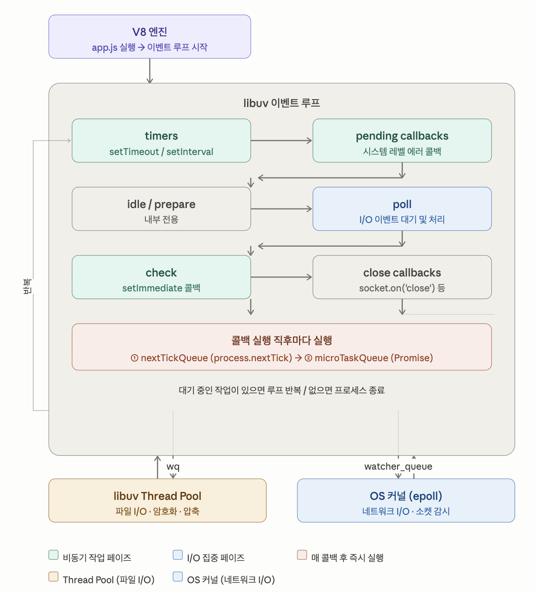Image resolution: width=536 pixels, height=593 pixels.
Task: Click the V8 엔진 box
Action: tap(150, 37)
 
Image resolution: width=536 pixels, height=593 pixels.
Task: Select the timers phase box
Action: tap(161, 141)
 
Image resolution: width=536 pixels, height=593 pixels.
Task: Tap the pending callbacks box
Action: tap(402, 141)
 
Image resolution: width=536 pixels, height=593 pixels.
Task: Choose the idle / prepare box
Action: tap(161, 209)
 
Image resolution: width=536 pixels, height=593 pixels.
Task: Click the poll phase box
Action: tap(402, 209)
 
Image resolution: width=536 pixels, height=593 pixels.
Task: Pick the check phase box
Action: tap(161, 277)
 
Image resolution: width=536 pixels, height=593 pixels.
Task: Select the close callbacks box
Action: tap(402, 277)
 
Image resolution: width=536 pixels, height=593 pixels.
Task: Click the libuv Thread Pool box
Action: tap(158, 500)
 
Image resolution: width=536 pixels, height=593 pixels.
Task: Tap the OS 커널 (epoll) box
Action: tap(406, 500)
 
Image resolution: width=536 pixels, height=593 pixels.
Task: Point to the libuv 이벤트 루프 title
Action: tap(282, 103)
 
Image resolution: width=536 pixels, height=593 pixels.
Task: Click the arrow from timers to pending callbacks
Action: tap(282, 141)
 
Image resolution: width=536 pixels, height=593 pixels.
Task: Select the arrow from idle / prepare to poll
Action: tap(282, 209)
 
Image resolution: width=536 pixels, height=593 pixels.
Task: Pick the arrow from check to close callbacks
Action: tap(282, 277)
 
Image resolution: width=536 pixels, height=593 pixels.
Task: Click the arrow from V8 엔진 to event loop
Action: tap(150, 71)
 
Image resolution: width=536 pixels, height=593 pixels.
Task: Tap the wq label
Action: tap(173, 467)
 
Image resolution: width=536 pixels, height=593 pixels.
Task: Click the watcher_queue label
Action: tap(399, 467)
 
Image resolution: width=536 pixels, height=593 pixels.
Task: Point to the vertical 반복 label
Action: tap(27, 286)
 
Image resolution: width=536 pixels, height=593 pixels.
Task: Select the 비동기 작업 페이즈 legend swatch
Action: tap(53, 555)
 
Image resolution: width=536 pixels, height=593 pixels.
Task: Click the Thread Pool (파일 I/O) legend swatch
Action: tap(53, 577)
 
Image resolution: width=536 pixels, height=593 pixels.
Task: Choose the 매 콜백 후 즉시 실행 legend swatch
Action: tap(302, 555)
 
